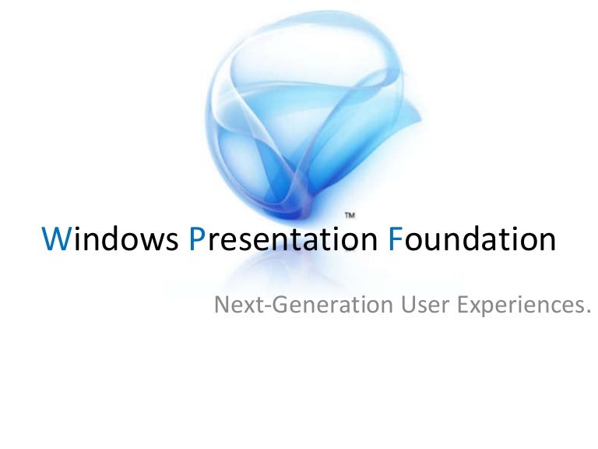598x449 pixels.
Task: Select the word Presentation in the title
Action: (283, 240)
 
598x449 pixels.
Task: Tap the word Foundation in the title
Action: (472, 240)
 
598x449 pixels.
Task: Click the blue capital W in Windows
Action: (57, 240)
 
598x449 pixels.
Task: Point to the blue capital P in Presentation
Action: (196, 240)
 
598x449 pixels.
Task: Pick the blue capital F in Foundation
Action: (394, 240)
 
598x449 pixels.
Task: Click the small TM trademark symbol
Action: (350, 213)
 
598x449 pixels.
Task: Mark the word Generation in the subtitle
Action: (318, 304)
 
